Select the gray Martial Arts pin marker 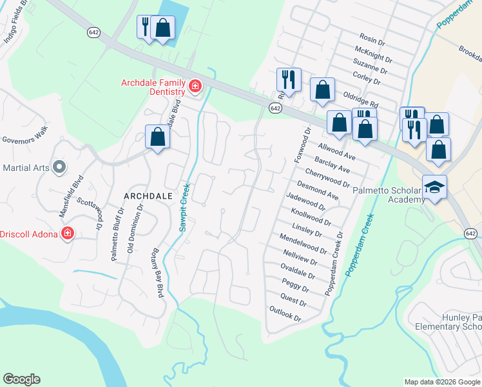[59, 168]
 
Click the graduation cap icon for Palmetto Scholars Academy [434, 186]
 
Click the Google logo [21, 379]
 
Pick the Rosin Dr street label [372, 42]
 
